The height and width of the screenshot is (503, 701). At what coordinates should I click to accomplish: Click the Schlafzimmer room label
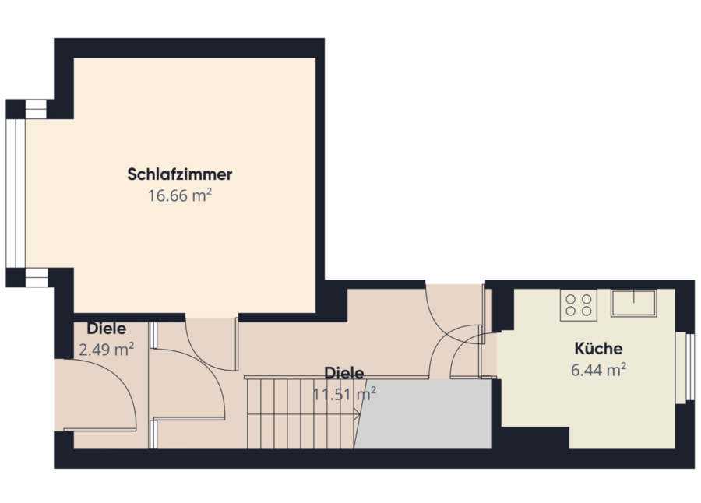[180, 174]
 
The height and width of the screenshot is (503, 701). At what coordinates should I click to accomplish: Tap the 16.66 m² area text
[180, 196]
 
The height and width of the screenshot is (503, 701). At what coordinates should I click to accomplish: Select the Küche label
[598, 348]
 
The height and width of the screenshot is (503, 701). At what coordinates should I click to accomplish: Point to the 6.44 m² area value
[598, 370]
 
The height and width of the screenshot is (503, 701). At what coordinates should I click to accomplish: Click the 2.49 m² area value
[107, 349]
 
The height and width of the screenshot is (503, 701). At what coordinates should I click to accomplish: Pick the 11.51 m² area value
[343, 394]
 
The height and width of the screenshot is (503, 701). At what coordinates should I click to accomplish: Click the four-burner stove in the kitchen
[579, 305]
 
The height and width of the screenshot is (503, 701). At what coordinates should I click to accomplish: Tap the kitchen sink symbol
[633, 303]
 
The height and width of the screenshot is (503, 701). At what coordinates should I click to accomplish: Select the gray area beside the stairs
[424, 414]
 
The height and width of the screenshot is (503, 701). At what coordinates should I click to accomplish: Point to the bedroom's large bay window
[16, 193]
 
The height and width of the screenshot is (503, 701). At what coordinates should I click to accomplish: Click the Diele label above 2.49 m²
[107, 329]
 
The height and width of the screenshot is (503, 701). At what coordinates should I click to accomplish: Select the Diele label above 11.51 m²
[343, 373]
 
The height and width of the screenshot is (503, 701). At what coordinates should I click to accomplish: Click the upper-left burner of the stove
[570, 299]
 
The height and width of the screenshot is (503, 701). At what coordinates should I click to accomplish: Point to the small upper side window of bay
[36, 109]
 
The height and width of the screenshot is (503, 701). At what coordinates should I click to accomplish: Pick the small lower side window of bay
[37, 278]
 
